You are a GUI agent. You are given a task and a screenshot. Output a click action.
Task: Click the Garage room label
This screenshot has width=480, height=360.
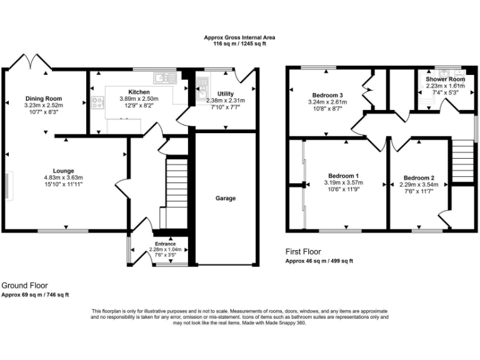[x=226, y=198]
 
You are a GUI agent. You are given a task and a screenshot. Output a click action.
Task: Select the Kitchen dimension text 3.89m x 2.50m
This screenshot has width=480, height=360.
[x=139, y=99]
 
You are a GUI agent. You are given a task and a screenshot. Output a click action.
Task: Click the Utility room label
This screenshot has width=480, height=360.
[x=226, y=93]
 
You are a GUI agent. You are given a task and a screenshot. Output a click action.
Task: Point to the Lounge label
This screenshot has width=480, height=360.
[x=63, y=171]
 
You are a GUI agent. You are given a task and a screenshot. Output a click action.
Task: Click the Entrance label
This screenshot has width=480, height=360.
[x=165, y=244]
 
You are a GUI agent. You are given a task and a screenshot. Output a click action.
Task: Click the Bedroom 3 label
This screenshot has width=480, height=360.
[x=327, y=95]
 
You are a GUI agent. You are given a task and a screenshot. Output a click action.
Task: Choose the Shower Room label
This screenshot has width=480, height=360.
[x=446, y=79]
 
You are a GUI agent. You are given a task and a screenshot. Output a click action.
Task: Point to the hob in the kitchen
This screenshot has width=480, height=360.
[x=97, y=103]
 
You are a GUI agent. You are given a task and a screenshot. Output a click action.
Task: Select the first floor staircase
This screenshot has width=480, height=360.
[x=461, y=160]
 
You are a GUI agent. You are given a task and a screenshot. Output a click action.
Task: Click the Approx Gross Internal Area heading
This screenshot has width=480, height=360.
[x=239, y=37]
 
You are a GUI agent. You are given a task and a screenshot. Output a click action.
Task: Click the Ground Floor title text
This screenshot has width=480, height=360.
[x=24, y=285]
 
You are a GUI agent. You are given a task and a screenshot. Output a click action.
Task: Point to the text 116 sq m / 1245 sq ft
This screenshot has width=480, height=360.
[x=239, y=44]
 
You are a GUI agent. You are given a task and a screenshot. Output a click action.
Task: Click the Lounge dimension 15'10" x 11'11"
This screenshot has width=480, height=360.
[x=63, y=184]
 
